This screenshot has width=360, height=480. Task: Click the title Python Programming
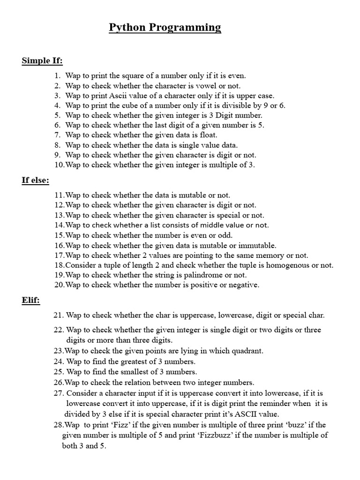tap(165, 28)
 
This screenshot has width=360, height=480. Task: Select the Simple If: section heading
tap(42, 61)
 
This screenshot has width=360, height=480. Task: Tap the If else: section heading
tap(36, 180)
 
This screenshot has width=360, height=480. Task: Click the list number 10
tap(59, 165)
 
